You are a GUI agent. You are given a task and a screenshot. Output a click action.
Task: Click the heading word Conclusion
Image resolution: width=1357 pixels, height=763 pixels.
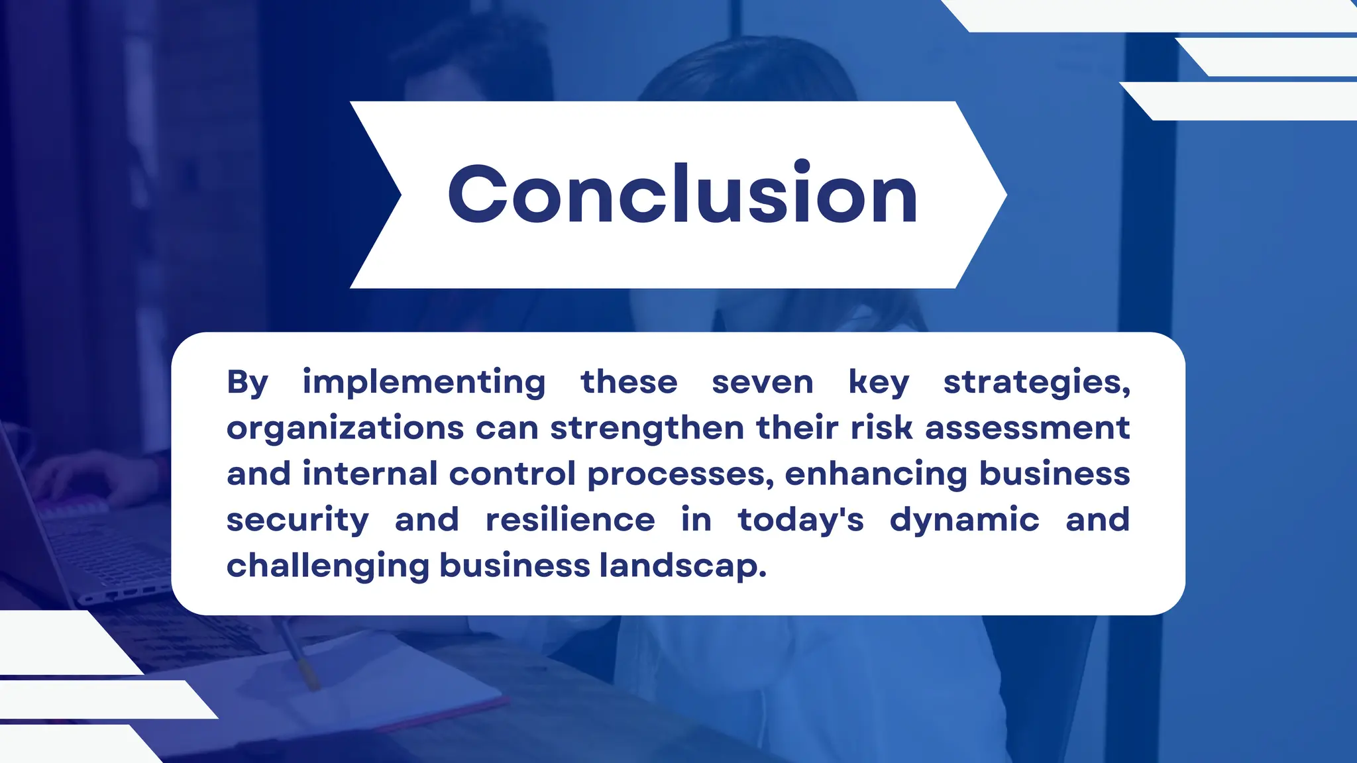pos(682,193)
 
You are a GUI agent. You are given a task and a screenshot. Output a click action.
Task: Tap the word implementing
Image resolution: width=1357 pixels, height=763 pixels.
pos(424,383)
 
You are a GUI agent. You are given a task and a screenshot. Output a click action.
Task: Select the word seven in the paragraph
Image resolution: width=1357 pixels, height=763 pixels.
pos(762,383)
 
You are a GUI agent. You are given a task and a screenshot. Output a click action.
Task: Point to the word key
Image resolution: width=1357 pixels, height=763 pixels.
pos(879,383)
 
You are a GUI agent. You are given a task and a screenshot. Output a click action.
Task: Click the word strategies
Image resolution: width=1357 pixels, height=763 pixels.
pos(1035,383)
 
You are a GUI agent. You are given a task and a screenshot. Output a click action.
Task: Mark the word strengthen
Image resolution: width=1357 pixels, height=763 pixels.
pos(647,429)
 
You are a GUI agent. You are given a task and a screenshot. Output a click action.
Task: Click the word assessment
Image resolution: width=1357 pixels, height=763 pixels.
pos(1027,429)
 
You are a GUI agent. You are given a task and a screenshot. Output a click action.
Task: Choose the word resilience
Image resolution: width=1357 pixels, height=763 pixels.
pos(570,520)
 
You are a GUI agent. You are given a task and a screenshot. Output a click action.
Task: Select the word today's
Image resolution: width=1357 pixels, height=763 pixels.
pos(800,520)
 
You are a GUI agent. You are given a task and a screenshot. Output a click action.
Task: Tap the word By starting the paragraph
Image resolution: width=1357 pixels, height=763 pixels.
pos(248,383)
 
